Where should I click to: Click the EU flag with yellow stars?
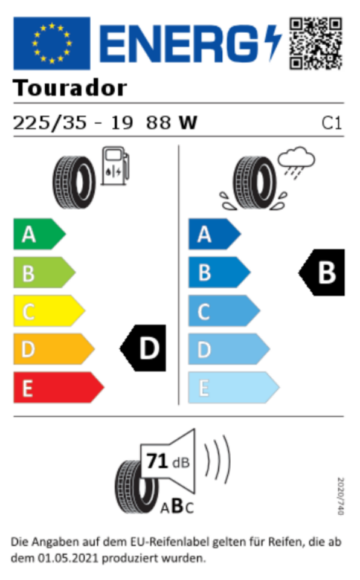pyautogui.click(x=52, y=43)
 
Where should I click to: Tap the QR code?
pyautogui.click(x=315, y=43)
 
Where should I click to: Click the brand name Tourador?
pyautogui.click(x=70, y=88)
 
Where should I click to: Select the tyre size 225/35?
pyautogui.click(x=50, y=123)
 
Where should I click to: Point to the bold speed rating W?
pyautogui.click(x=188, y=123)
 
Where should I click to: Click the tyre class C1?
pyautogui.click(x=332, y=123)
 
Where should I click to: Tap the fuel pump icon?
pyautogui.click(x=115, y=166)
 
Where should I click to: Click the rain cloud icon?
pyautogui.click(x=297, y=163)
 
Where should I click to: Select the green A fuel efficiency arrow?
pyautogui.click(x=40, y=234)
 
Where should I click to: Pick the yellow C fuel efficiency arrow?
pyautogui.click(x=49, y=311)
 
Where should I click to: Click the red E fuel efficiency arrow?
pyautogui.click(x=59, y=387)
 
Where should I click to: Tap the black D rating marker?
pyautogui.click(x=143, y=348)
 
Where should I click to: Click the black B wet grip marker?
pyautogui.click(x=321, y=272)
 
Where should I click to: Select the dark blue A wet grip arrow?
pyautogui.click(x=214, y=234)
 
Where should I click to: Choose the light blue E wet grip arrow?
pyautogui.click(x=234, y=387)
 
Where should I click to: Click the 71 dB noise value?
pyautogui.click(x=168, y=461)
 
